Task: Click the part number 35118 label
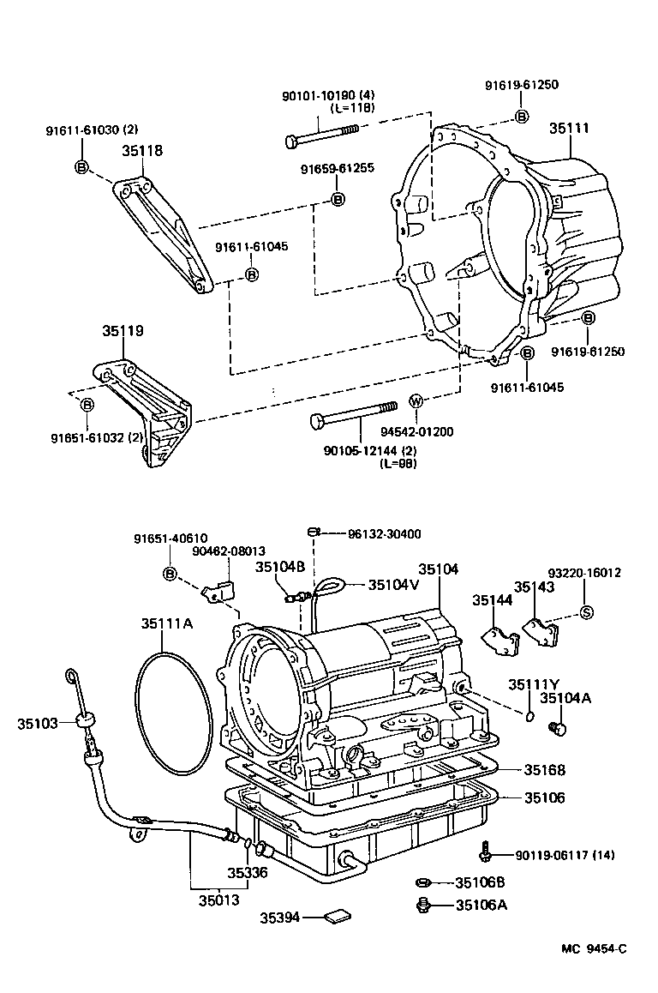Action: (x=142, y=150)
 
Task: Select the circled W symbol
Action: (x=416, y=401)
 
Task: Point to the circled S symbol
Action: (x=587, y=611)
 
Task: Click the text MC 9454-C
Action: (x=594, y=948)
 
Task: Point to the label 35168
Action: (x=545, y=770)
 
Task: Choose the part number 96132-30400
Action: (x=384, y=533)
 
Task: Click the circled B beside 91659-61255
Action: (x=338, y=199)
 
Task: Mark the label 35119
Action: (x=123, y=330)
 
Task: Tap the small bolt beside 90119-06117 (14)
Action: (x=485, y=851)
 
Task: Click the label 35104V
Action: (x=393, y=584)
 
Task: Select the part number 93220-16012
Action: (x=584, y=573)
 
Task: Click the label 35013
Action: (x=219, y=900)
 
